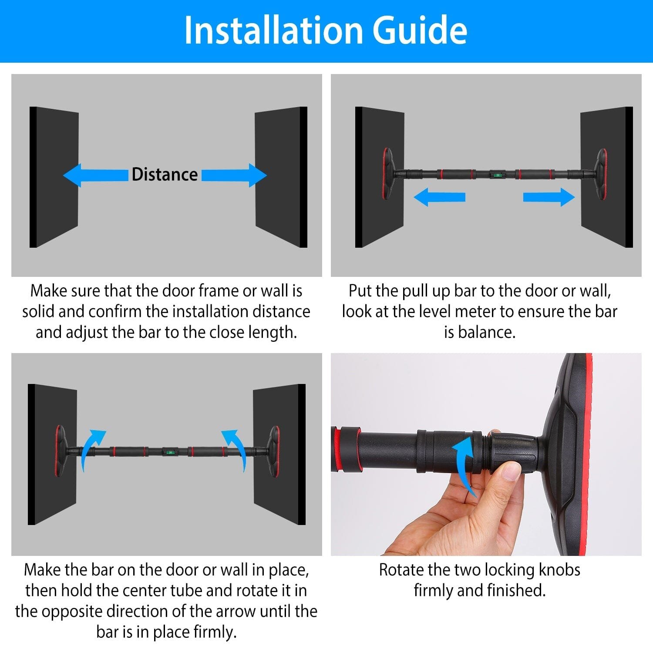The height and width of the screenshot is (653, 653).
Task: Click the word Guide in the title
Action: (x=420, y=30)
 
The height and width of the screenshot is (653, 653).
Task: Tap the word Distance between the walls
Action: (x=165, y=175)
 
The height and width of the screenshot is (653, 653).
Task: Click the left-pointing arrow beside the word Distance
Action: (x=96, y=175)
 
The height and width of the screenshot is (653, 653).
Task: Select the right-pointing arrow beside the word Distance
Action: (x=234, y=175)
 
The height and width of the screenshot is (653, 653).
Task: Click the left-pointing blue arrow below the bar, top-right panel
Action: (x=440, y=197)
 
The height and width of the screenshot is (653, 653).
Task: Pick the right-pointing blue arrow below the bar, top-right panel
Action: (x=549, y=197)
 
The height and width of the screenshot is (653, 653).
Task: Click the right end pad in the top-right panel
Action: (x=602, y=174)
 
